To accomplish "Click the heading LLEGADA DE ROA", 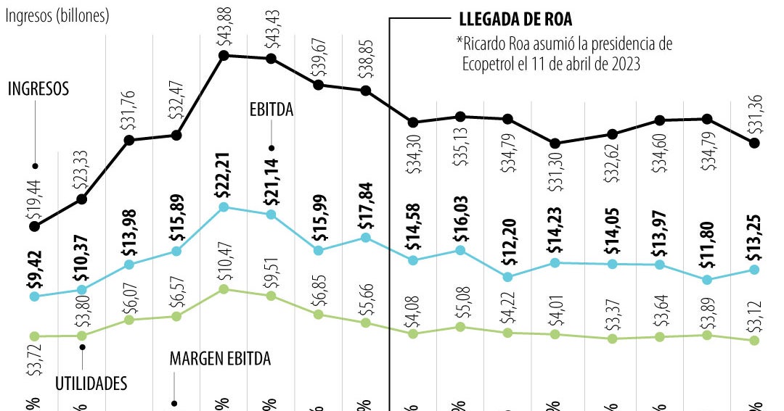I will pos(515,20).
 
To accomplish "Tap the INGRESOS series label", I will pos(38,89).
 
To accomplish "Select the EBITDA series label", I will pos(271,110).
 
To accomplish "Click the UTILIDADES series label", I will pos(91,383).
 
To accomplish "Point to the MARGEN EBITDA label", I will pos(220,359).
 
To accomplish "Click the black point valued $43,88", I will pos(224,55).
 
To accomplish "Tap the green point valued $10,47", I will pos(224,288).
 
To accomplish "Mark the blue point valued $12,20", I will pos(507,276).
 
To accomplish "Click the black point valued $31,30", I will pos(555,144).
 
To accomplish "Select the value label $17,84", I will pos(365,212).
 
